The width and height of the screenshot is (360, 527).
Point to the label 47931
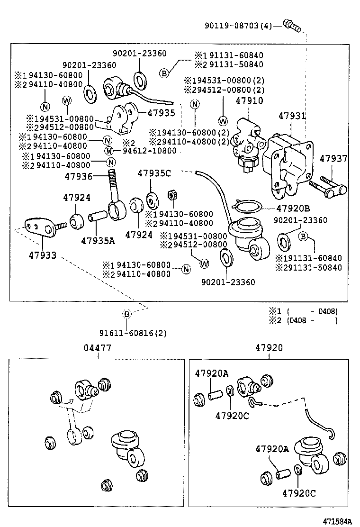tap(292, 116)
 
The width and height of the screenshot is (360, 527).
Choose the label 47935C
tap(154, 173)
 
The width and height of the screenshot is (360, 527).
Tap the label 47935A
tap(98, 240)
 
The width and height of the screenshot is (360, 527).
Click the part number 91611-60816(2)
tap(126, 333)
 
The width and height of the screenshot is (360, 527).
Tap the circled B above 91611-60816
tap(126, 314)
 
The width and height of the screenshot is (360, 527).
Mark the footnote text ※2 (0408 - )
tap(303, 321)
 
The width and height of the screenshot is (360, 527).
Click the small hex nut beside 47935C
tap(172, 195)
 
